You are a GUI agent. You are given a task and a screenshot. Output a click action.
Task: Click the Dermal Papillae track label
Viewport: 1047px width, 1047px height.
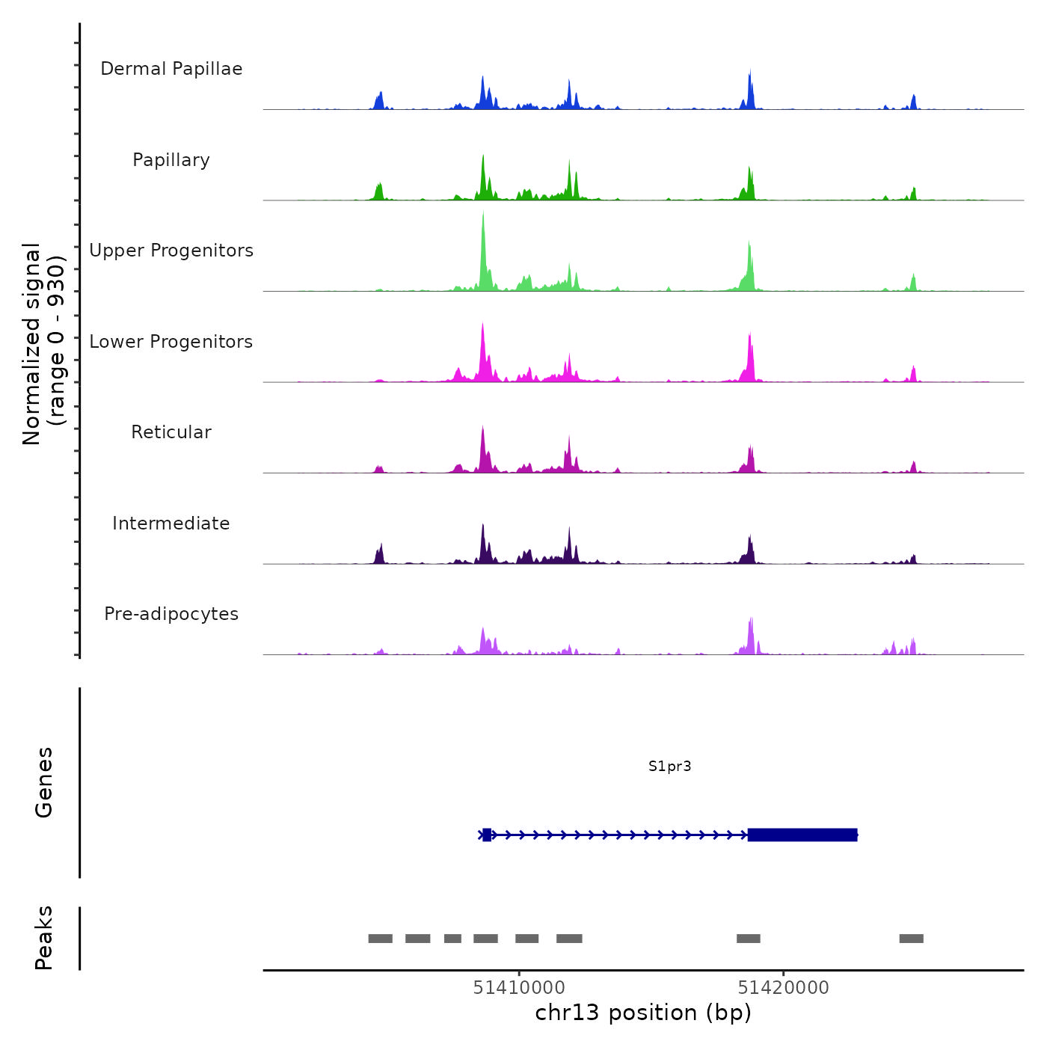coord(171,69)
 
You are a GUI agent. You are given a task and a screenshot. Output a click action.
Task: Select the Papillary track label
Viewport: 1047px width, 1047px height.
coord(171,160)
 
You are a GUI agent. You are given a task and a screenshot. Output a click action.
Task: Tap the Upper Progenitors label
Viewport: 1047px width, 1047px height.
coord(171,251)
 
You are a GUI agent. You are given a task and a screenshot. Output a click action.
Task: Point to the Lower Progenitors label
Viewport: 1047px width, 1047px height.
coord(171,342)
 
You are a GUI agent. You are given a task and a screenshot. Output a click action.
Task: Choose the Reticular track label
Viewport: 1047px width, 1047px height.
coord(171,432)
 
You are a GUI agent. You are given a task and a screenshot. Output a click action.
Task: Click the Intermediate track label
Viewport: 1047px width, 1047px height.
coord(171,523)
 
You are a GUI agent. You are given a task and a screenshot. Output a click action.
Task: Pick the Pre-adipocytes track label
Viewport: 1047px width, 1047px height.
coord(171,614)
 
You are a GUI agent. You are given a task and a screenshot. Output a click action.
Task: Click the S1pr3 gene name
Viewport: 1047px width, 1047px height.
coord(669,767)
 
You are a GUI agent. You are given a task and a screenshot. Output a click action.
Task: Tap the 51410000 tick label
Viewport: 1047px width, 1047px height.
coord(519,988)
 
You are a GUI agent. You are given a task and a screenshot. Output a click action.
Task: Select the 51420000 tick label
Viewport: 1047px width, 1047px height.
coord(783,988)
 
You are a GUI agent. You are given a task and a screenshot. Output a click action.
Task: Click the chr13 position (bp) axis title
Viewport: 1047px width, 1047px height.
coord(643,1013)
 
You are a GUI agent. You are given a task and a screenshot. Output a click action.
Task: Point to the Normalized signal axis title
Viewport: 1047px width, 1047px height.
coord(43,344)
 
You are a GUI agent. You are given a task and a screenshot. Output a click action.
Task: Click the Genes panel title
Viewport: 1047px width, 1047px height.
coord(44,782)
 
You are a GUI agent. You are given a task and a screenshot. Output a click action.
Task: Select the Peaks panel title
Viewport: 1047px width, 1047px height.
coord(44,938)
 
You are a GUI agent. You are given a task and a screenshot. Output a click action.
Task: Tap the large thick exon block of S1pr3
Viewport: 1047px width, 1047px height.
coord(802,835)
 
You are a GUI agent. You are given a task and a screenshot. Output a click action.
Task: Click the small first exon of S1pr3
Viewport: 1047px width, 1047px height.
coord(487,835)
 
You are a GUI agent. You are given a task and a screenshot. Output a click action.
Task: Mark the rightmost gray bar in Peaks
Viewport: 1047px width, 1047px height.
coord(911,939)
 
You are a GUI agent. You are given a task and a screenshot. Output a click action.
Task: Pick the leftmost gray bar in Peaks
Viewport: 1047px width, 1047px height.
coord(380,939)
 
